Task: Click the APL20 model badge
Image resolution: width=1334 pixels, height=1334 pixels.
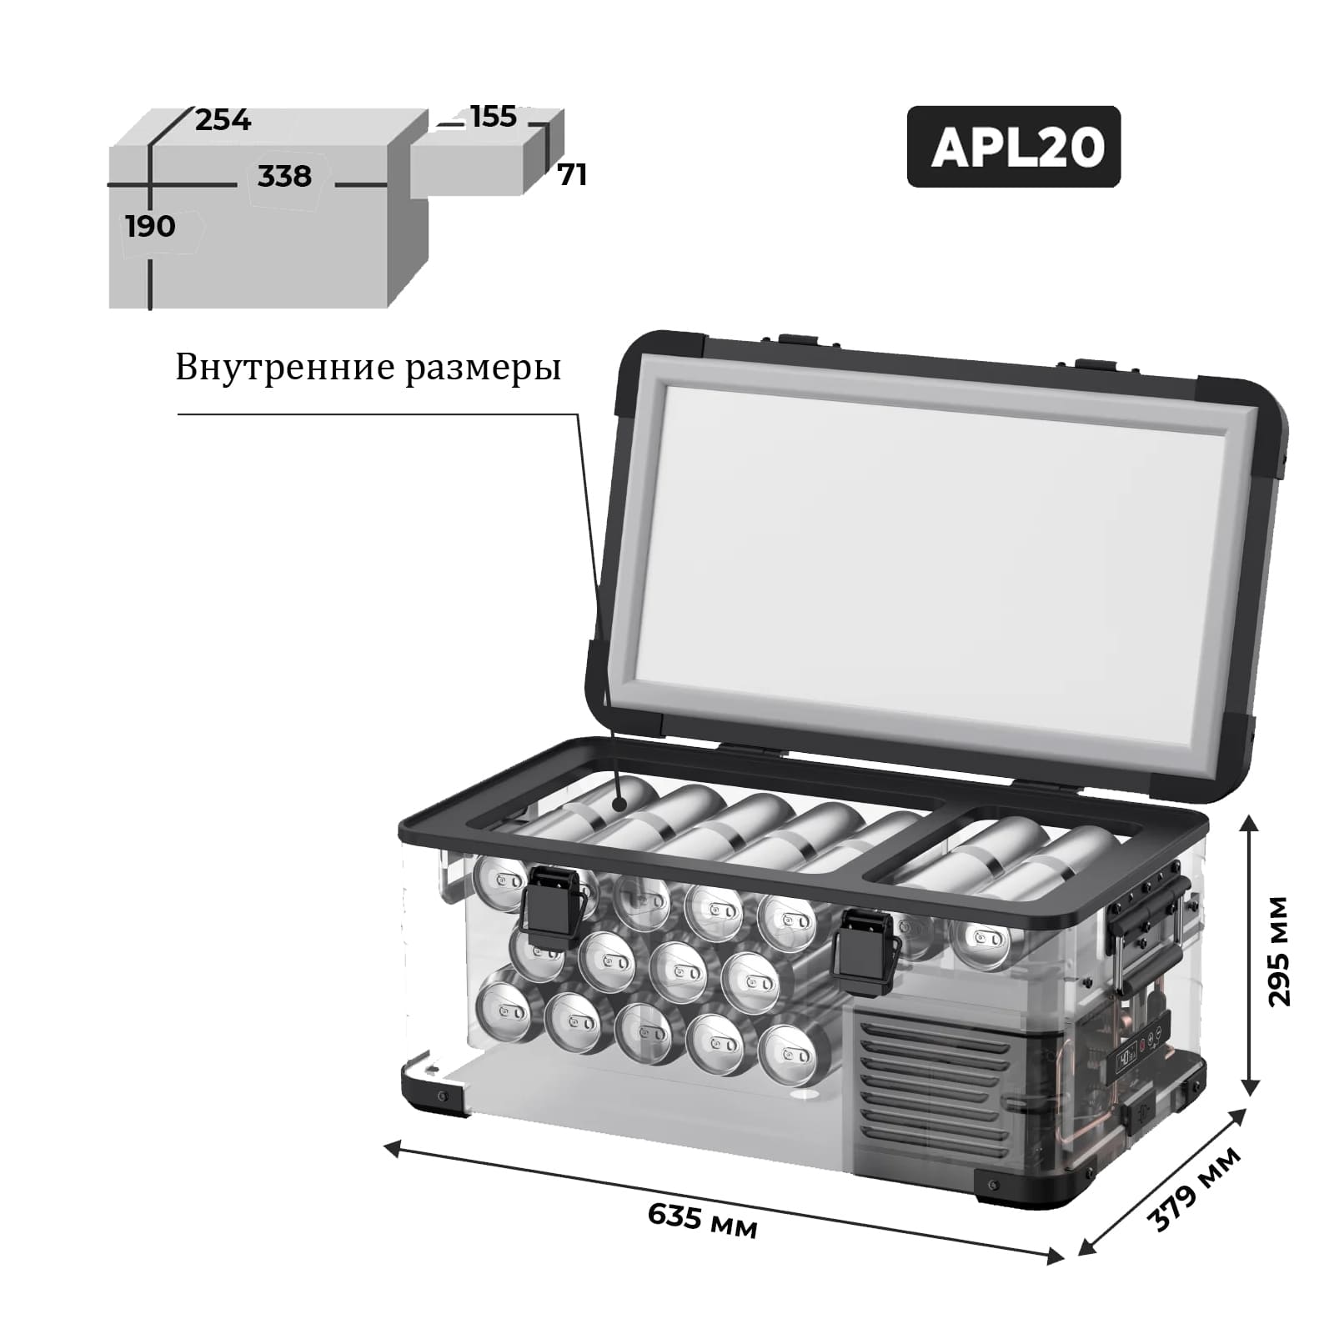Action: pos(1013,147)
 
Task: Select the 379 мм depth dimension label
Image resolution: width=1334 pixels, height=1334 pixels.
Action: pos(1194,1190)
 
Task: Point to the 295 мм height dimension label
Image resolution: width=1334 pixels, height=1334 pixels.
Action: pos(1277,952)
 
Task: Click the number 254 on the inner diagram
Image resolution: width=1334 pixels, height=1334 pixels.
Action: pos(223,121)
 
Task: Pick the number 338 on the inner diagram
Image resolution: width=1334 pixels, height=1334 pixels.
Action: pos(284,177)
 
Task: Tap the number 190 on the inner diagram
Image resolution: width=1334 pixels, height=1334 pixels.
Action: pos(150,226)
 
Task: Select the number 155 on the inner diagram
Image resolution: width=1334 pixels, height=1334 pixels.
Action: pos(494,117)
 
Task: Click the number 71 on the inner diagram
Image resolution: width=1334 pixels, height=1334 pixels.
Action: pos(572,175)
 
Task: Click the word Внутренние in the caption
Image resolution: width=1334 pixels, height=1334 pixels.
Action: pos(284,367)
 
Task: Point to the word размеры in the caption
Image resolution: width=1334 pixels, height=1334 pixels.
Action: pos(484,369)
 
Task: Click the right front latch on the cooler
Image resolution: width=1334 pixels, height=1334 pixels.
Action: pos(865,951)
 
